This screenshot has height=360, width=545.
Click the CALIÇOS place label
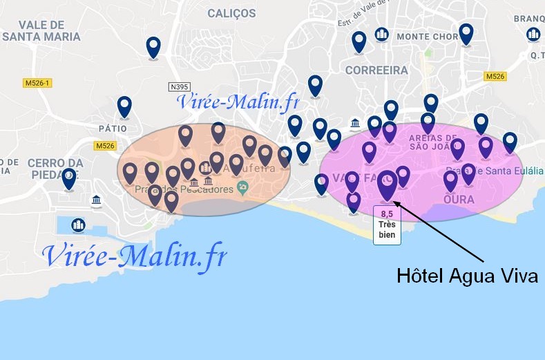231,13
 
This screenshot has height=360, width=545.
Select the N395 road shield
179,87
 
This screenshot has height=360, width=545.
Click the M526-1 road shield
37,83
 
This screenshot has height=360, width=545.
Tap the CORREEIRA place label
376,70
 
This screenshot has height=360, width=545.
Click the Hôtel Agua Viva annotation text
467,276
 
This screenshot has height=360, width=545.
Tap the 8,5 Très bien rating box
386,225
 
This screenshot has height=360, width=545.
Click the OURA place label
458,199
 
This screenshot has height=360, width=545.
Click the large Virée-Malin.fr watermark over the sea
134,256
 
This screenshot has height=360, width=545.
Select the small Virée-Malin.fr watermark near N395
238,102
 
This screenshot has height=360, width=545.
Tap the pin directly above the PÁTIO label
124,106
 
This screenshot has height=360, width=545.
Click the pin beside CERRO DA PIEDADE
69,178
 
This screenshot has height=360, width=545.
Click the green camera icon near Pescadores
242,187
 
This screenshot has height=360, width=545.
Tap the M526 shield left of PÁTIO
105,146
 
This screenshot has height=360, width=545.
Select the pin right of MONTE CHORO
466,33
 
